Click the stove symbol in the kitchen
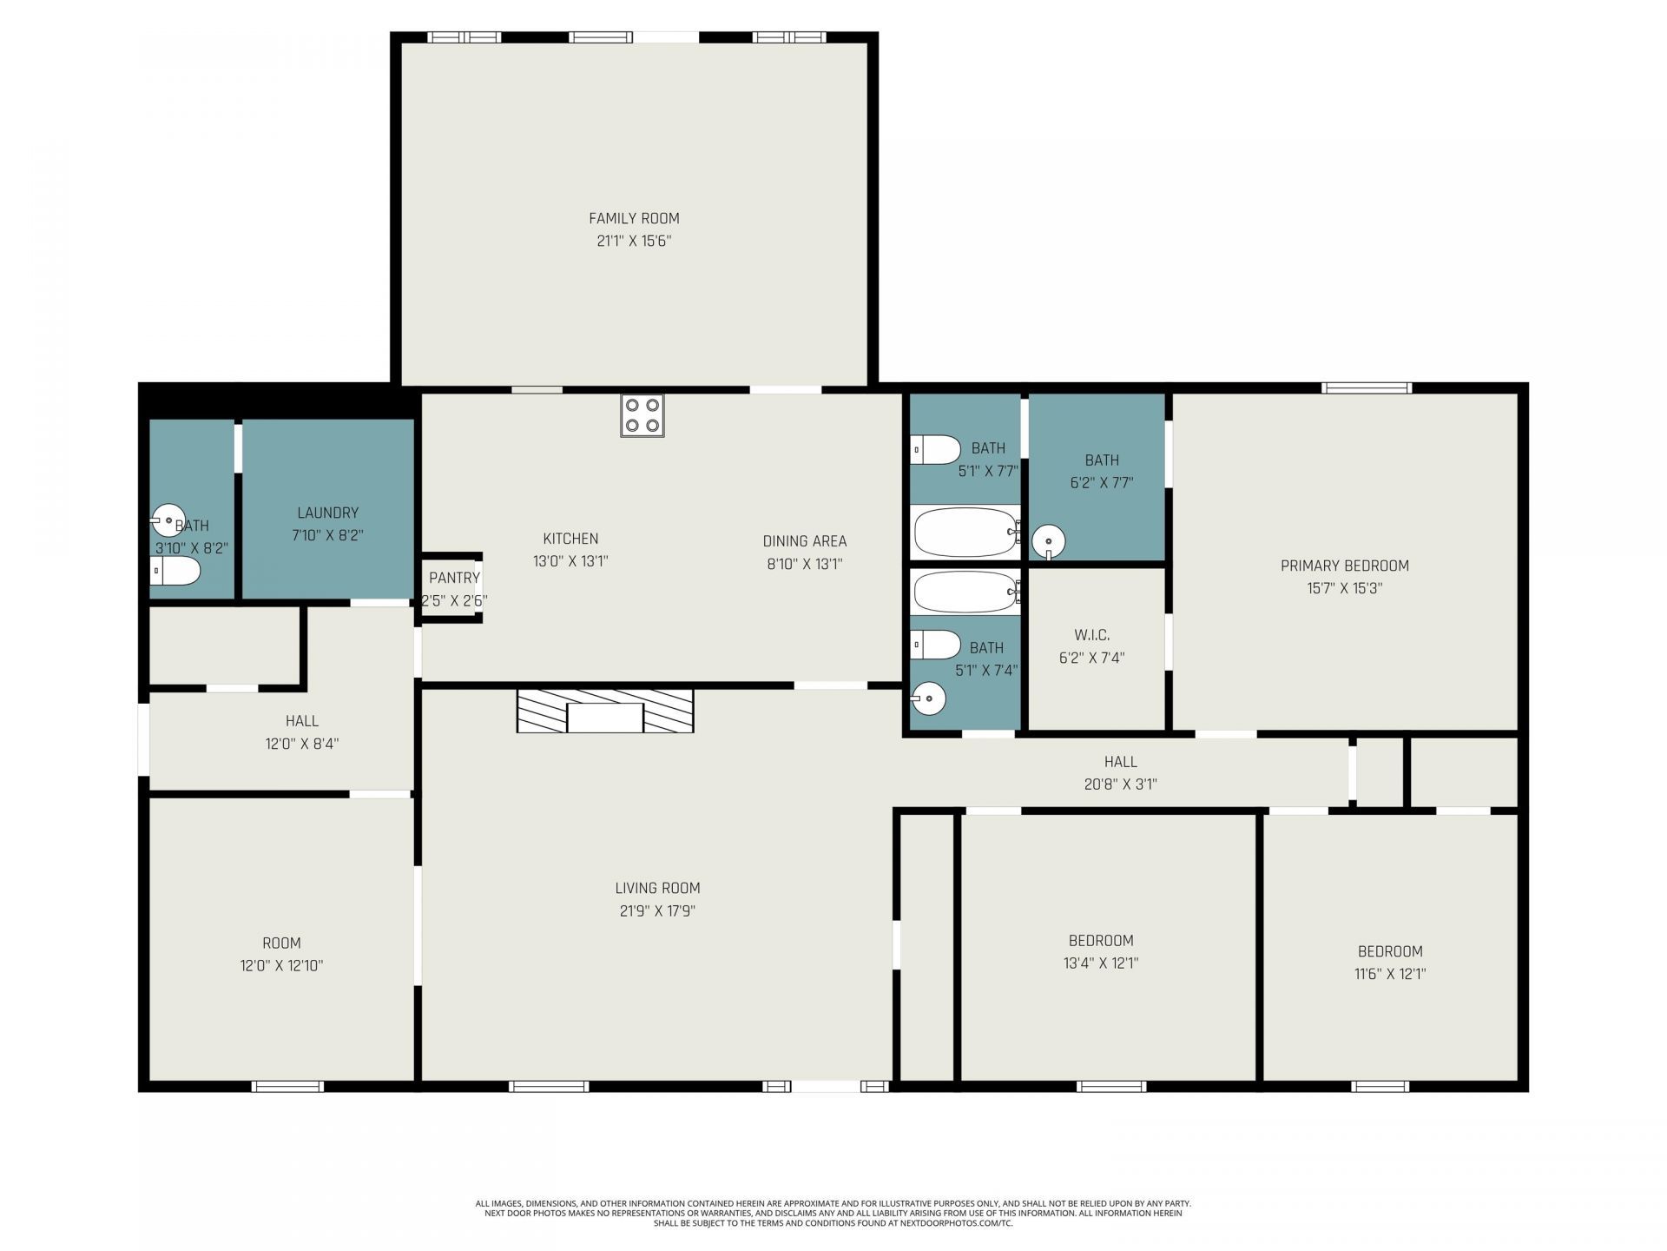[x=642, y=415]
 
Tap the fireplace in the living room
[x=605, y=711]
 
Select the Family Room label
[x=634, y=218]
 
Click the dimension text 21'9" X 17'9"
[x=657, y=910]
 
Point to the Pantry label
[x=454, y=578]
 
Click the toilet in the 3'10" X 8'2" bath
[x=175, y=571]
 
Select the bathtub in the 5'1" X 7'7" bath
[x=966, y=532]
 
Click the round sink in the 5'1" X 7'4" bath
[x=928, y=698]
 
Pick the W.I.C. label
[x=1091, y=635]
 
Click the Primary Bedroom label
[x=1345, y=566]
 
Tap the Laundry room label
[x=327, y=513]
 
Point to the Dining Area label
[x=805, y=541]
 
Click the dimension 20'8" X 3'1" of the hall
[x=1121, y=784]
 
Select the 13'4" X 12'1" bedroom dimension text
[x=1101, y=963]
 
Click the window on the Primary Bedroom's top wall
[x=1367, y=388]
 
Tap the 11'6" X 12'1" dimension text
[x=1390, y=974]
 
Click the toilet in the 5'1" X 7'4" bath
[x=936, y=645]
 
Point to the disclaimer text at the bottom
[x=833, y=1213]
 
